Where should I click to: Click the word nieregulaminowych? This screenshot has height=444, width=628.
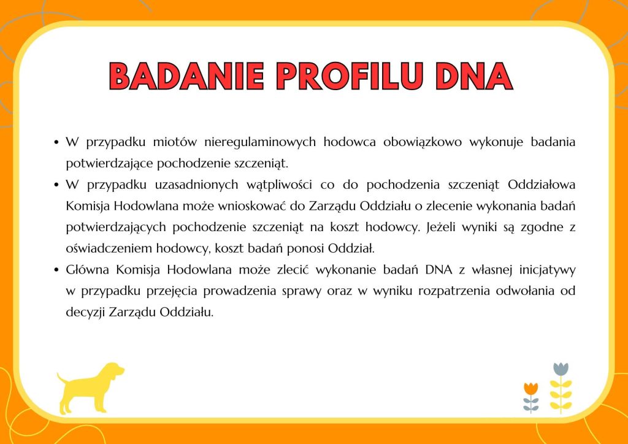pos(260,142)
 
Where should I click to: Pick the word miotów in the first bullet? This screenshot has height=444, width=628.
pos(175,142)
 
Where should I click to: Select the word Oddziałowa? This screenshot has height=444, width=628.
pos(542,185)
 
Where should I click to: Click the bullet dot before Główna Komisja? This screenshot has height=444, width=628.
pos(56,270)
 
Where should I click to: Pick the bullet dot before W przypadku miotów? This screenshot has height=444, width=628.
pos(56,142)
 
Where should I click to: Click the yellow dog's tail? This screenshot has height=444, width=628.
pos(62,378)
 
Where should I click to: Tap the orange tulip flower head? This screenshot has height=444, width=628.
pos(530,388)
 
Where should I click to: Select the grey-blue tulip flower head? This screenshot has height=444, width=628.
pos(561,369)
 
